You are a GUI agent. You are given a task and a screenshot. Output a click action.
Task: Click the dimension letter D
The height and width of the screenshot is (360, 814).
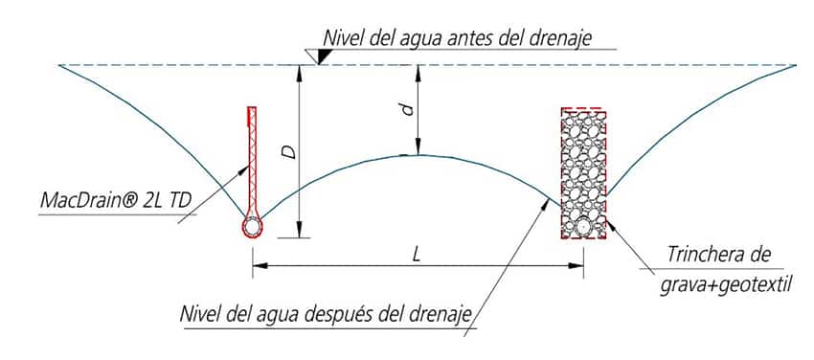pyautogui.click(x=291, y=151)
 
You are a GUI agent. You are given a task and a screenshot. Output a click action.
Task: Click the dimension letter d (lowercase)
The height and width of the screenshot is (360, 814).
pyautogui.click(x=409, y=109)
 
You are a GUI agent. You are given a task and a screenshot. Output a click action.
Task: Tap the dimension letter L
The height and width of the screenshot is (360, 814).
pyautogui.click(x=416, y=254)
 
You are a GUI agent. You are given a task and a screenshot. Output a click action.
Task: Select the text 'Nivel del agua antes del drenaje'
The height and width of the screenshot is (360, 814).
pyautogui.click(x=458, y=38)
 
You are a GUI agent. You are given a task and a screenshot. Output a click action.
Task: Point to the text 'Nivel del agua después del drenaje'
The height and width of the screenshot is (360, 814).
pyautogui.click(x=327, y=315)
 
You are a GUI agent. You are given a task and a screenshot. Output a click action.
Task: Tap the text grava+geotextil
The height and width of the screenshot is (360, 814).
pyautogui.click(x=726, y=284)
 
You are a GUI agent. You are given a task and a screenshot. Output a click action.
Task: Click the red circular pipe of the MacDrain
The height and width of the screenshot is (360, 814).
pyautogui.click(x=252, y=227)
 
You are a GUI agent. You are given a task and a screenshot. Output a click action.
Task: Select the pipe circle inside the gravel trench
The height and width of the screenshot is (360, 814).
pyautogui.click(x=583, y=227)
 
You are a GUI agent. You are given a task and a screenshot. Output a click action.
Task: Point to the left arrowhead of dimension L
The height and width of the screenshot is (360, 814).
pyautogui.click(x=260, y=265)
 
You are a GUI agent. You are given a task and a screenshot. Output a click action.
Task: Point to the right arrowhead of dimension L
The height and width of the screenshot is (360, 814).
pyautogui.click(x=577, y=265)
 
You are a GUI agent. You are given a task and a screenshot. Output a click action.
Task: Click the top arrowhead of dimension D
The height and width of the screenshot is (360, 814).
pyautogui.click(x=299, y=73)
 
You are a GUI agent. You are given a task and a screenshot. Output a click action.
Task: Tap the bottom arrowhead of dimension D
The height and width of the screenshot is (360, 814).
pyautogui.click(x=299, y=230)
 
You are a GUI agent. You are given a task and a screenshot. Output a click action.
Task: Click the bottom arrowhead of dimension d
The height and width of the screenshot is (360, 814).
pyautogui.click(x=417, y=146)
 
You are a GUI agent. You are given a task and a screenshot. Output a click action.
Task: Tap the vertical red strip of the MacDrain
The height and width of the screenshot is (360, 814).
pyautogui.click(x=252, y=161)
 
